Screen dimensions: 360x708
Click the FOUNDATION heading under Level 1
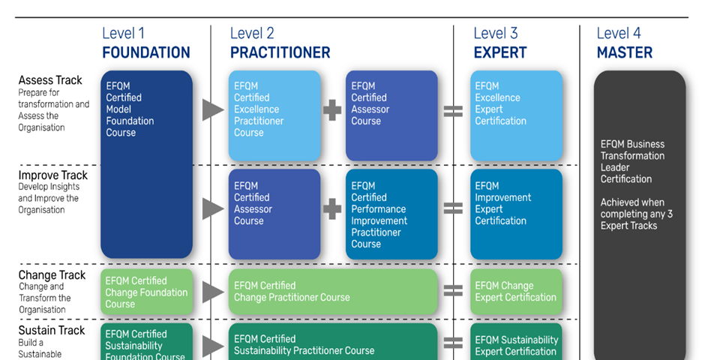[146, 52]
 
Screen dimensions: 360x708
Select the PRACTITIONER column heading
[280, 52]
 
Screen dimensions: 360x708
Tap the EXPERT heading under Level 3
[500, 52]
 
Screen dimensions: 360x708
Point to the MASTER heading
[625, 52]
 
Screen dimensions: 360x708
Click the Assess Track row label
[50, 80]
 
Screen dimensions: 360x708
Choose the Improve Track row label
[53, 175]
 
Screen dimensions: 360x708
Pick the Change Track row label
[52, 275]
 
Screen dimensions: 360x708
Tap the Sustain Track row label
[52, 330]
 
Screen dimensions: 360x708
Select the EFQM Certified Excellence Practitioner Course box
[274, 115]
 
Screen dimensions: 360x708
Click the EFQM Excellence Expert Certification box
[516, 115]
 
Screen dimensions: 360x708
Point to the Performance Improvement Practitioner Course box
[391, 214]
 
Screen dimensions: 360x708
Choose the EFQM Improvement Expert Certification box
[516, 214]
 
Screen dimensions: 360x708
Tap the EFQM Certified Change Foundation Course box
[146, 292]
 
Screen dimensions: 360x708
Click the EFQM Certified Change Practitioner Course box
[332, 292]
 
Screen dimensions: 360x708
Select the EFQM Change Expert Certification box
[516, 292]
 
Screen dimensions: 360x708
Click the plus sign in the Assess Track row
[332, 110]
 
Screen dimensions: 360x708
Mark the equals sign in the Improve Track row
[453, 208]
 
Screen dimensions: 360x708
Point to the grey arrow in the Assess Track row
[213, 109]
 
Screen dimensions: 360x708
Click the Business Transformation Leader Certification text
[632, 161]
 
